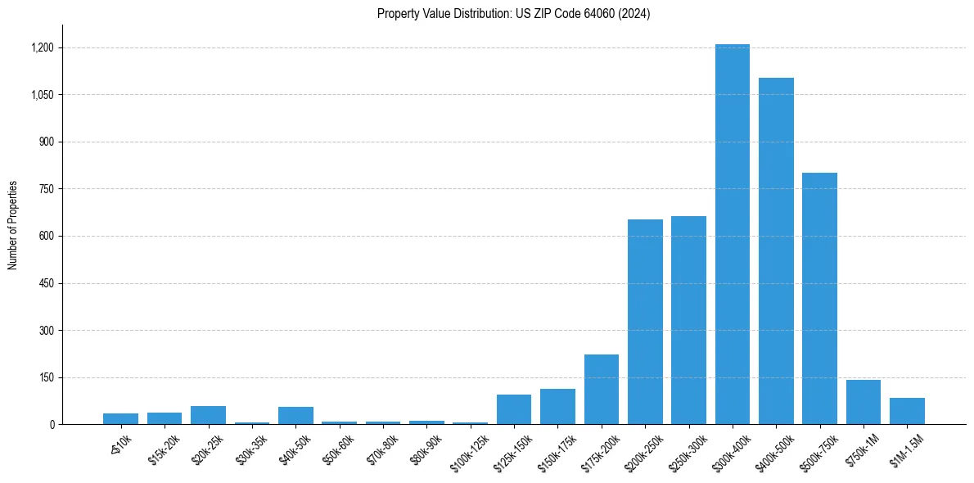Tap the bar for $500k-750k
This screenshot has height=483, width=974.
(819, 299)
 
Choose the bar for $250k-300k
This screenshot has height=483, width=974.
(688, 320)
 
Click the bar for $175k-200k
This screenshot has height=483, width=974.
(602, 390)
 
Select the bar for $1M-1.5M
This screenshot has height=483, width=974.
(907, 411)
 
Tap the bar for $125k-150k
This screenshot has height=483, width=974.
(514, 409)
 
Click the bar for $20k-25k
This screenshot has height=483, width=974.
(208, 415)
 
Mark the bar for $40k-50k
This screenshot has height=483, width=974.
(295, 416)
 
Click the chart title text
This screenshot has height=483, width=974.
(513, 14)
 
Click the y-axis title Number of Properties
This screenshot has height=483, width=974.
(13, 225)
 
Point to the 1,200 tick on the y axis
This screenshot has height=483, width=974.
(42, 47)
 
